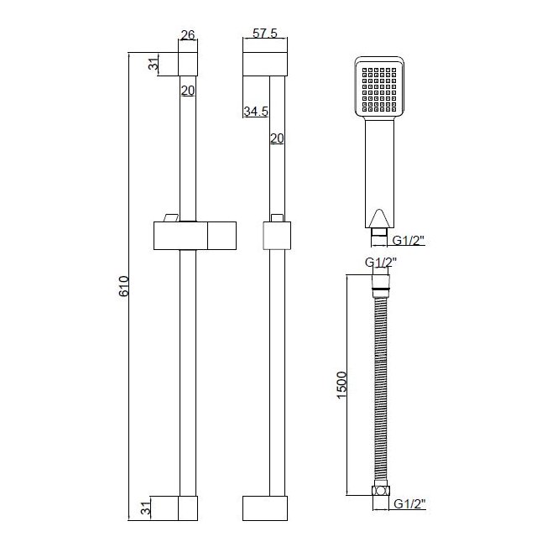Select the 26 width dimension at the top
point(187,35)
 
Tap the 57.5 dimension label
point(263,35)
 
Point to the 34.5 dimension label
point(255,111)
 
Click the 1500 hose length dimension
point(341,385)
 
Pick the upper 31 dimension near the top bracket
point(154,65)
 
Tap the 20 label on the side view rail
point(275,138)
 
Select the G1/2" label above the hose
point(382,262)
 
